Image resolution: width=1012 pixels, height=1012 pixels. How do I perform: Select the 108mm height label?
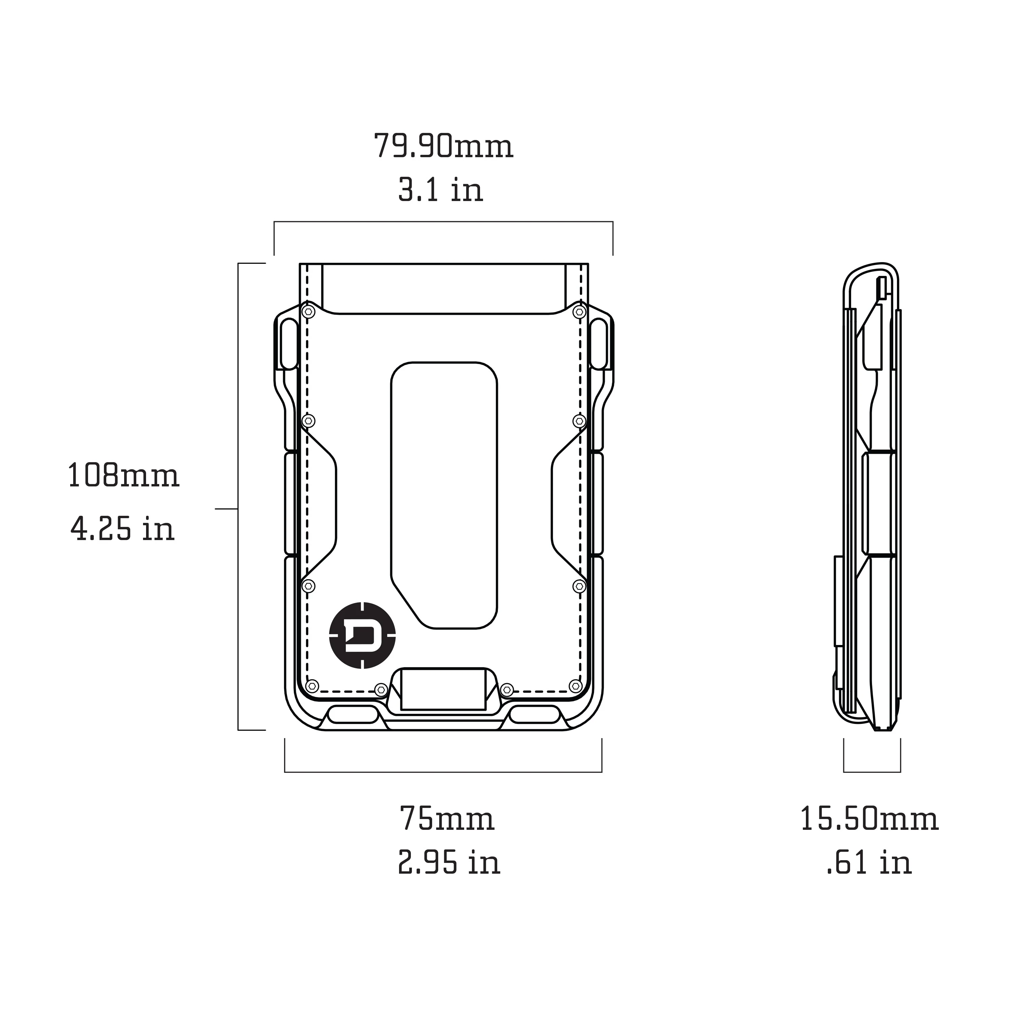click(123, 476)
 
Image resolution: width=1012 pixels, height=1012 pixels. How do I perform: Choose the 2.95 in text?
click(449, 863)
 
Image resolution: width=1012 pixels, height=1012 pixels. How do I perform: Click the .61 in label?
click(869, 863)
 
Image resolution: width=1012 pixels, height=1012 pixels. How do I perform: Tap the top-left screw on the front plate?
click(309, 312)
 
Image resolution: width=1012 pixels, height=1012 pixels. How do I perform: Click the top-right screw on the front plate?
click(579, 312)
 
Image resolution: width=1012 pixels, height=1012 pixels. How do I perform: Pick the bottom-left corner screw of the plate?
click(312, 686)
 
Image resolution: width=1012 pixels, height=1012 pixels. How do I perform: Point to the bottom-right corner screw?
click(575, 686)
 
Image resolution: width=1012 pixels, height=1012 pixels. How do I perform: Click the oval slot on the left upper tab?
click(289, 344)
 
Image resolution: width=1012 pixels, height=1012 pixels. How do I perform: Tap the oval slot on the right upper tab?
click(599, 344)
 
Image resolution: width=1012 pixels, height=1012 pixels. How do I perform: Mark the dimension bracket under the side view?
click(872, 771)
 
